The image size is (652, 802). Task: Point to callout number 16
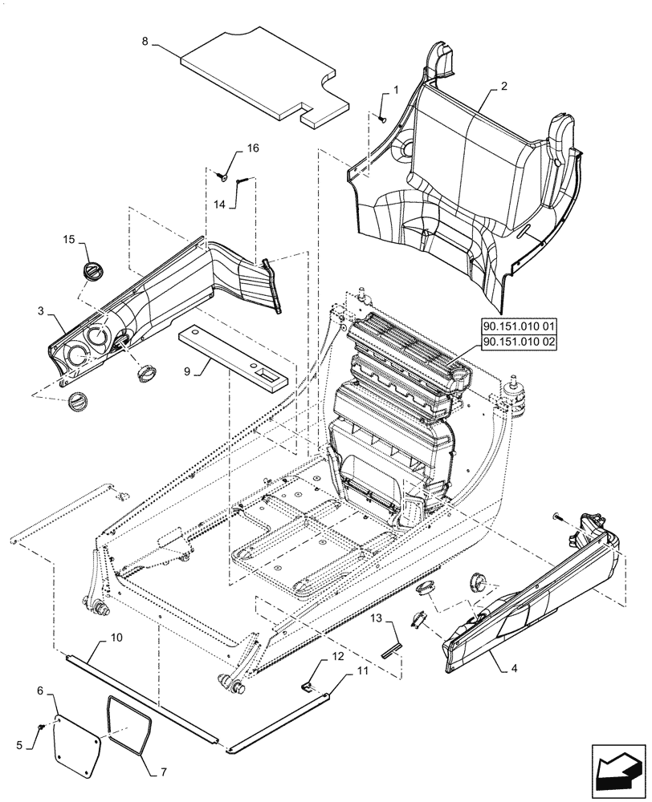pyautogui.click(x=253, y=149)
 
